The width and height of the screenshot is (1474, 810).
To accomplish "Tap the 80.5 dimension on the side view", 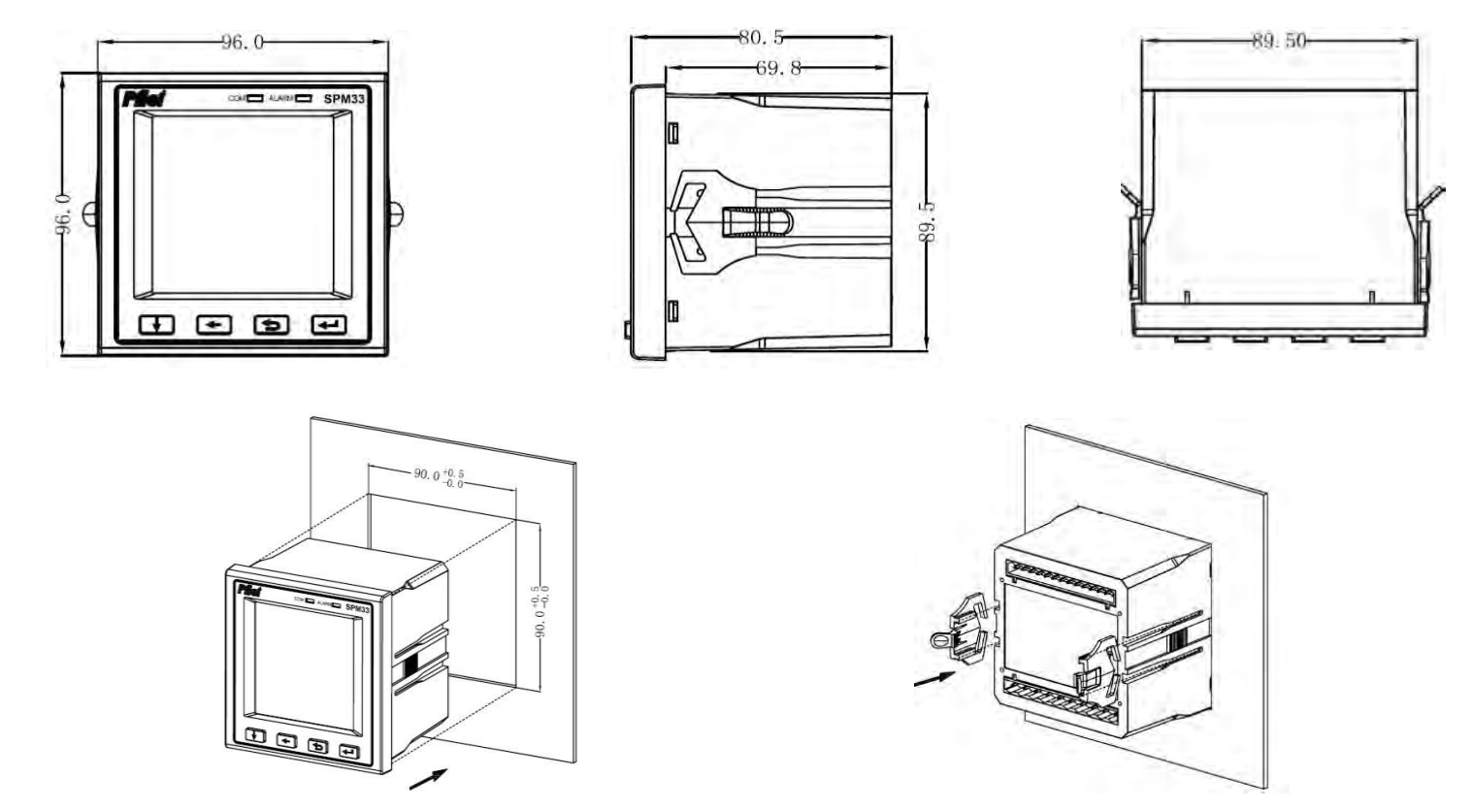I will [761, 39].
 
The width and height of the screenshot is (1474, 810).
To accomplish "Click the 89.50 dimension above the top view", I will [1279, 41].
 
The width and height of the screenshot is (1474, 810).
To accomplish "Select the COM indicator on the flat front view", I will [246, 98].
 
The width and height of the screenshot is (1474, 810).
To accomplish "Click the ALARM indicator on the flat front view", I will [290, 98].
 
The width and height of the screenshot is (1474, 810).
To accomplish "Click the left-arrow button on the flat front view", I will [213, 324].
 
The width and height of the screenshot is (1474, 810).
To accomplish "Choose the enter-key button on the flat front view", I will [327, 324].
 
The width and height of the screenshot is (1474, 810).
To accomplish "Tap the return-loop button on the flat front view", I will [271, 324].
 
